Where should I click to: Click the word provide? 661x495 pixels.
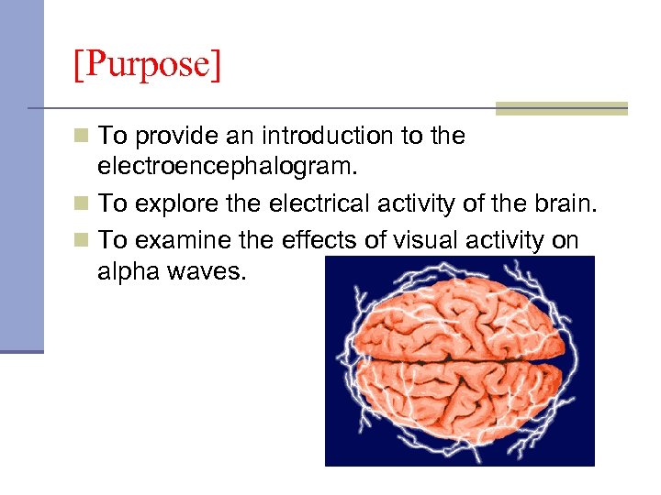point(173,137)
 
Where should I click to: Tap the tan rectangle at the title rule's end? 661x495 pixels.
point(561,108)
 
